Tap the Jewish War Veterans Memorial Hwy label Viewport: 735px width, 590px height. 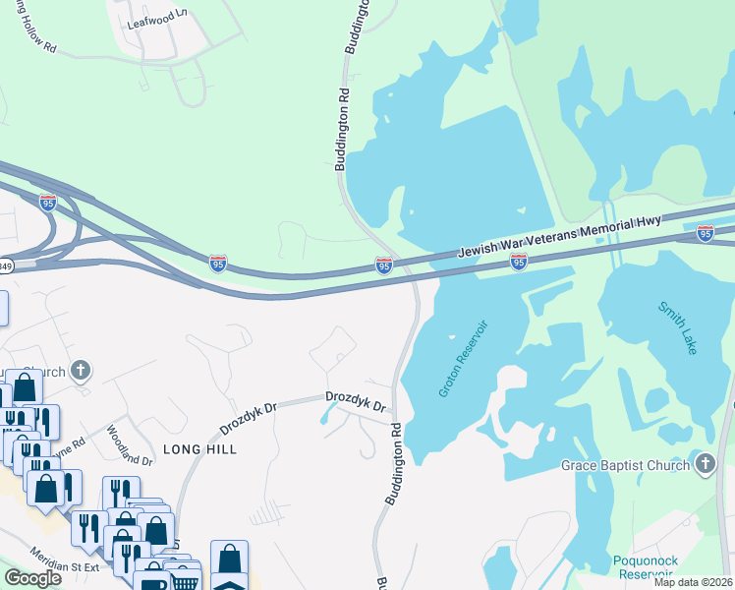[x=560, y=238]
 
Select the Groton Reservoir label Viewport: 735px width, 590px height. [x=463, y=357]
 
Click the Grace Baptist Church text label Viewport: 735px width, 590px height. [x=625, y=465]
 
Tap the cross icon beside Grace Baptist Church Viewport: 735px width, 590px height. [x=705, y=464]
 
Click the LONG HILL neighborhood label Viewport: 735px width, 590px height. [x=199, y=448]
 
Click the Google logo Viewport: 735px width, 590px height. [x=32, y=578]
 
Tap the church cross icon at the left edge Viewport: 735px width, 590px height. [x=81, y=371]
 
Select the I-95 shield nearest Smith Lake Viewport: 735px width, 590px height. [x=705, y=233]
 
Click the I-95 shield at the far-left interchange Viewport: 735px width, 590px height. [x=47, y=203]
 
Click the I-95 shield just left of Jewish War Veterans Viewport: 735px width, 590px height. [x=384, y=265]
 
